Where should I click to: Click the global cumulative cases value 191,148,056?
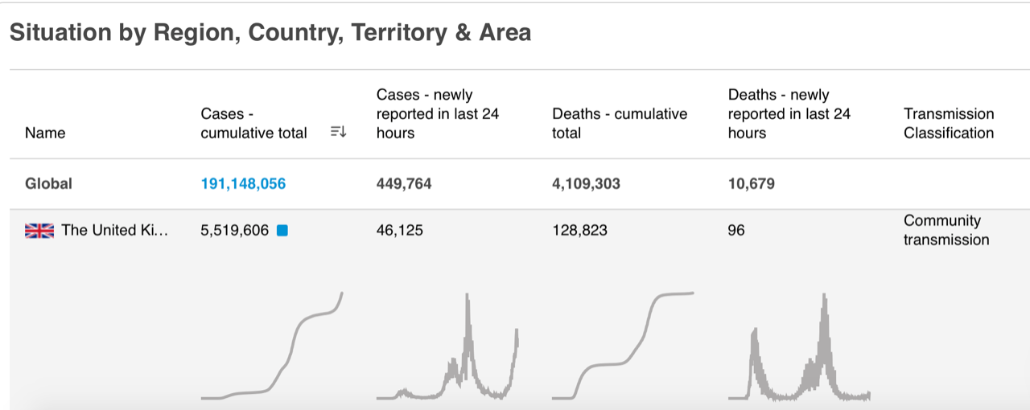point(243,183)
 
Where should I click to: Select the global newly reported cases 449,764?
point(404,183)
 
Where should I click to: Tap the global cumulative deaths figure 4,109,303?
point(586,183)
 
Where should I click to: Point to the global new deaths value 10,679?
point(752,183)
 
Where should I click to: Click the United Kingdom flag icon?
point(39,231)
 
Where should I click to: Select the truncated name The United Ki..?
point(115,231)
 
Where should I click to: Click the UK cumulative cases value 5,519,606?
point(234,231)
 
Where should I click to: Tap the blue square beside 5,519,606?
point(282,231)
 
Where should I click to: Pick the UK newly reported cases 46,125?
point(400,231)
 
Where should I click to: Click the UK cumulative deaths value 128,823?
point(579,231)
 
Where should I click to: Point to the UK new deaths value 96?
point(736,231)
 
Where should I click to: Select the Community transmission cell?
point(946,230)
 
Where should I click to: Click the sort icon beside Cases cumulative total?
point(338,133)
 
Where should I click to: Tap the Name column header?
point(45,133)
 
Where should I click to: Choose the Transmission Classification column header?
point(949,123)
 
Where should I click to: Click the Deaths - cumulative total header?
point(620,123)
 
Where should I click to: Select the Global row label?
point(48,183)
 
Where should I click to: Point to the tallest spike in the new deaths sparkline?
point(823,296)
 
